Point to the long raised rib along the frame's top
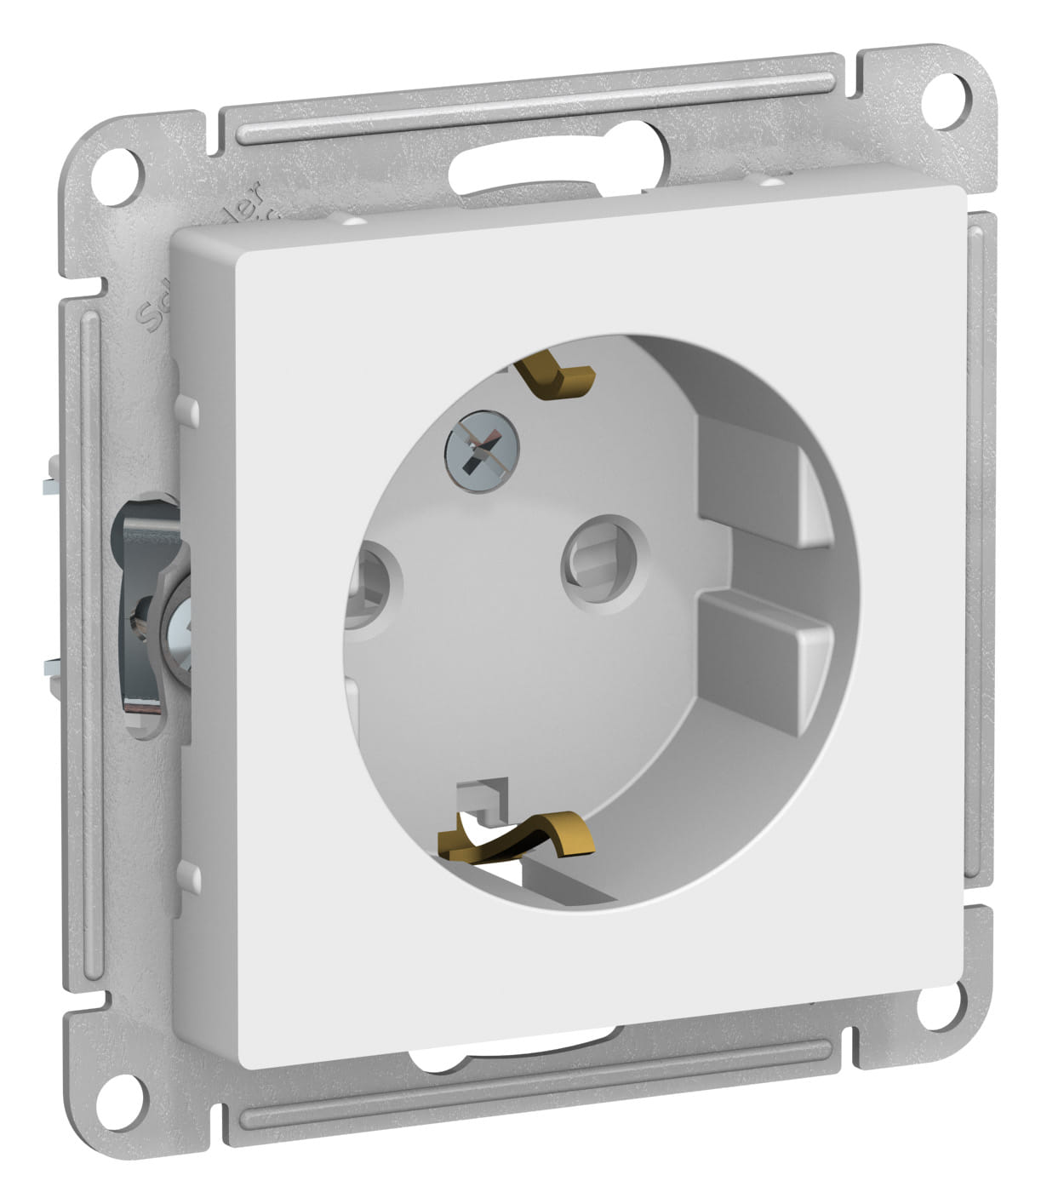536,106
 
